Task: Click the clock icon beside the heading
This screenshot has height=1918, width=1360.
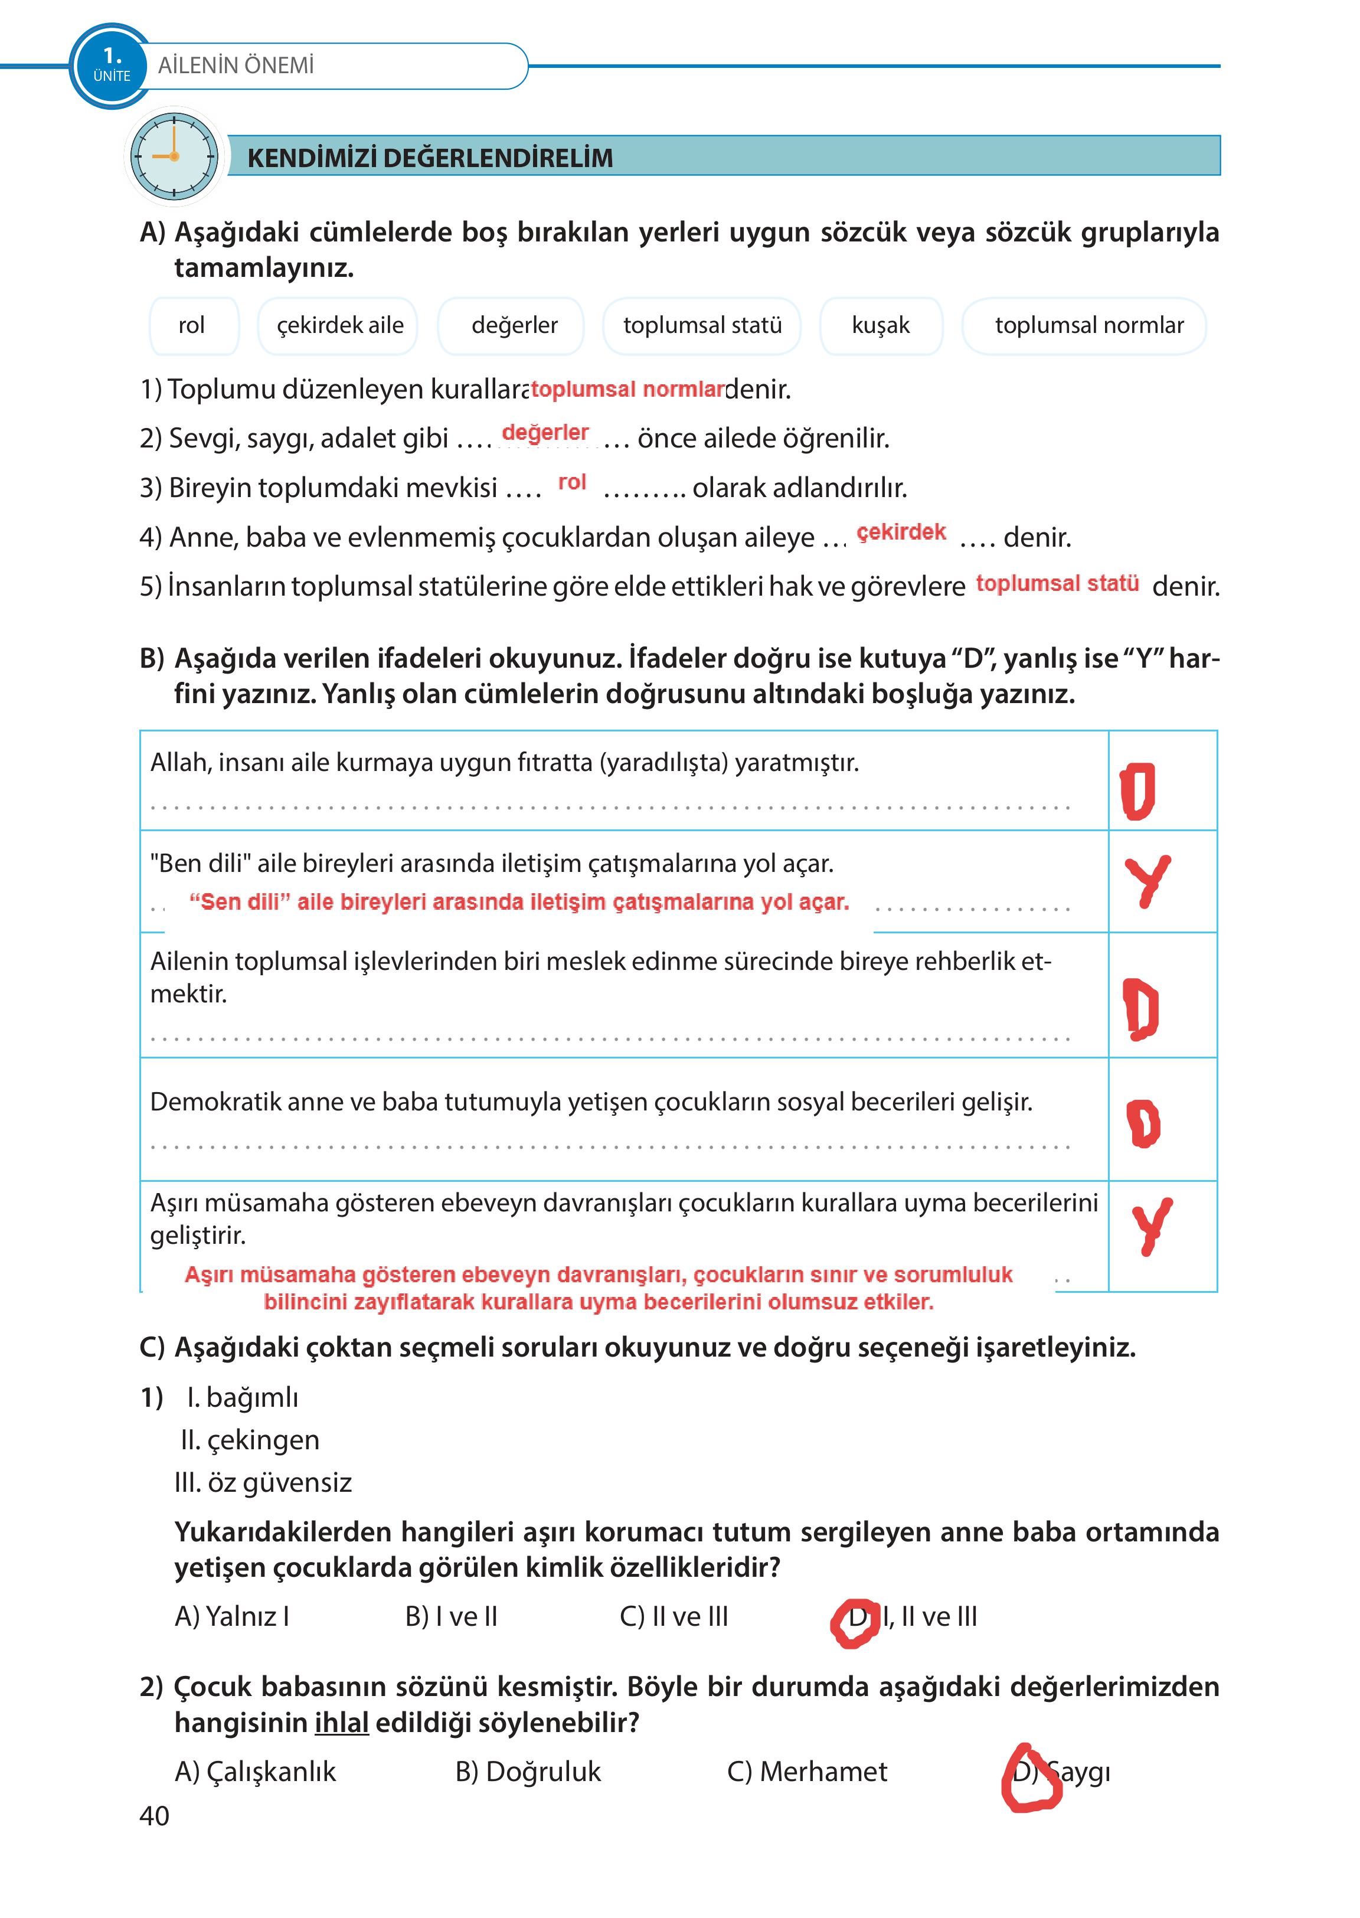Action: [174, 156]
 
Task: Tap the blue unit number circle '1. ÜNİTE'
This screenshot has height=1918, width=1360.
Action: [112, 66]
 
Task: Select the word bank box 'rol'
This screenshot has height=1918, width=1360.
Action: [192, 325]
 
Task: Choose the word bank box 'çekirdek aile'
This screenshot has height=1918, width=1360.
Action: [340, 325]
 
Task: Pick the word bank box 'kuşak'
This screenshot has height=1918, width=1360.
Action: [880, 325]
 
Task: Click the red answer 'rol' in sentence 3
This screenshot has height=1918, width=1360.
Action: [572, 482]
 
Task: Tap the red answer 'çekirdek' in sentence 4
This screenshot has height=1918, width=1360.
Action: [901, 532]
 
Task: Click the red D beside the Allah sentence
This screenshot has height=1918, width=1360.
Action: [1137, 790]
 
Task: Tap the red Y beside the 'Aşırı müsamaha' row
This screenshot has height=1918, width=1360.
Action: [1152, 1226]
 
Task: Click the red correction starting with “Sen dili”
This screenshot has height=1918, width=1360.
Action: [519, 902]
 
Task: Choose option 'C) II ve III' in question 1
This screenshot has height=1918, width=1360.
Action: [674, 1616]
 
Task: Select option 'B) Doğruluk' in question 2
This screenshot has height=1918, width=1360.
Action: [528, 1772]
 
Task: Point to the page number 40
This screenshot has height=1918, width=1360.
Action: [154, 1816]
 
